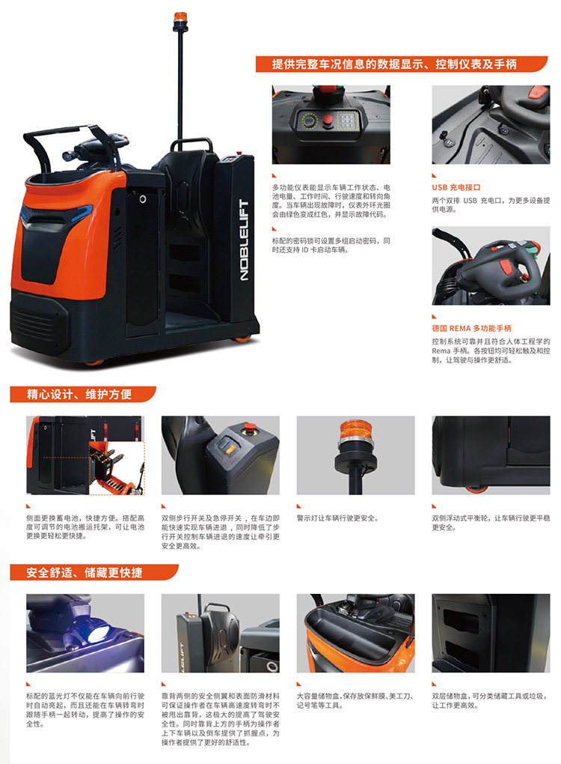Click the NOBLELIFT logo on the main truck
pyautogui.click(x=245, y=240)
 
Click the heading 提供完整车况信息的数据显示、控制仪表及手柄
pyautogui.click(x=394, y=64)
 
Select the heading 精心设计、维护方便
pyautogui.click(x=79, y=394)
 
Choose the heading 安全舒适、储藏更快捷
pyautogui.click(x=85, y=572)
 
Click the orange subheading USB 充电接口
pyautogui.click(x=456, y=187)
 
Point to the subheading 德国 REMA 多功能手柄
pyautogui.click(x=471, y=328)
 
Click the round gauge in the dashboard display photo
pyautogui.click(x=308, y=120)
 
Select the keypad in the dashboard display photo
pyautogui.click(x=347, y=120)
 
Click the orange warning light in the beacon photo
pyautogui.click(x=355, y=430)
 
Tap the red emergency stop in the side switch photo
pyautogui.click(x=250, y=428)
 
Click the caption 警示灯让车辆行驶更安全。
pyautogui.click(x=337, y=518)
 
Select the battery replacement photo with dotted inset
pyautogui.click(x=85, y=455)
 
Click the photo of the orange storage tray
pyautogui.click(x=355, y=634)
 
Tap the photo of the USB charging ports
pyautogui.click(x=491, y=125)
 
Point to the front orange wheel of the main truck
pyautogui.click(x=95, y=362)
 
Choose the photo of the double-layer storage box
pyautogui.click(x=491, y=634)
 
